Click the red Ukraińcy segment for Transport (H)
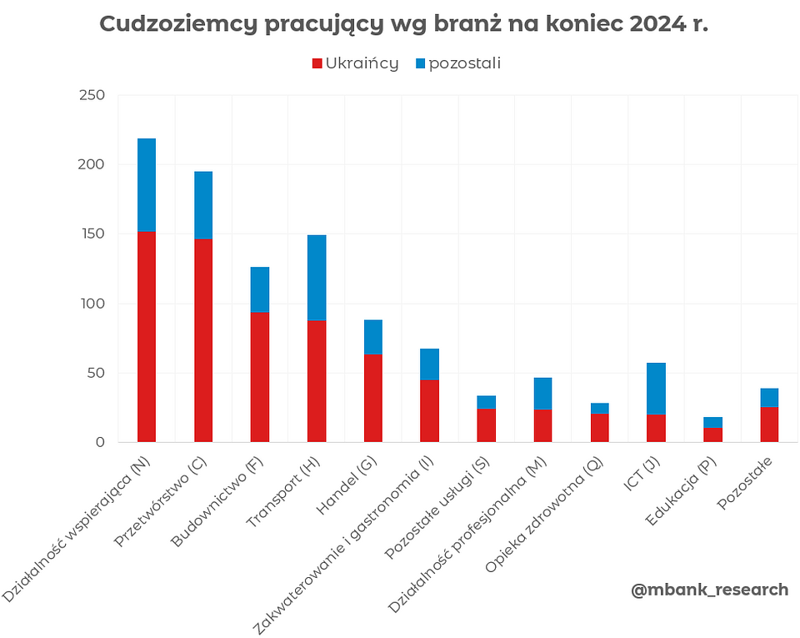point(317,381)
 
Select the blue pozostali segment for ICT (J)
point(656,389)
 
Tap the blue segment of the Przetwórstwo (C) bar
point(203,205)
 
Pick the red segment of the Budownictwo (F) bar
point(260,377)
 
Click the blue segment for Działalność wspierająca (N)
point(147,185)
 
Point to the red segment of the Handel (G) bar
point(373,398)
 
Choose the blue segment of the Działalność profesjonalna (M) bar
point(542,394)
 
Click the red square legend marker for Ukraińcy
point(317,63)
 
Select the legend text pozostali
point(464,63)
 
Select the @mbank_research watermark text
point(709,590)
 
